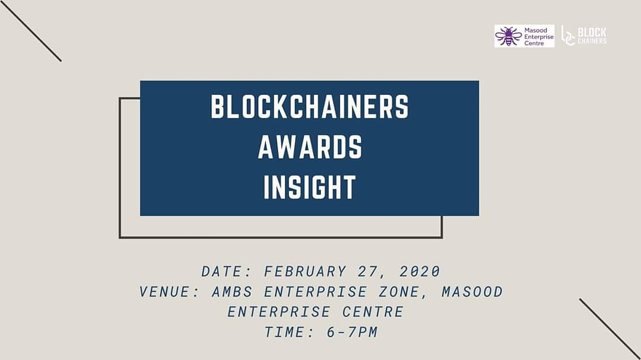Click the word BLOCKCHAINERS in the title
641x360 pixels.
tap(310, 107)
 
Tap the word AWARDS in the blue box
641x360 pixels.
tap(310, 146)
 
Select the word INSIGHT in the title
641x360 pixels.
tap(310, 187)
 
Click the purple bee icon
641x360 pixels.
tap(508, 36)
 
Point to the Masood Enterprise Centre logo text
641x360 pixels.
tap(538, 36)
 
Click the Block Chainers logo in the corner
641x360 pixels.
tap(584, 36)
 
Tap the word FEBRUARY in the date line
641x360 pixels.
tap(305, 272)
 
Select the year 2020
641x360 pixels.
tap(420, 272)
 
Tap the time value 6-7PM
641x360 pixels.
tap(352, 332)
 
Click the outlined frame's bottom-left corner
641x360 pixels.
tap(120, 237)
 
